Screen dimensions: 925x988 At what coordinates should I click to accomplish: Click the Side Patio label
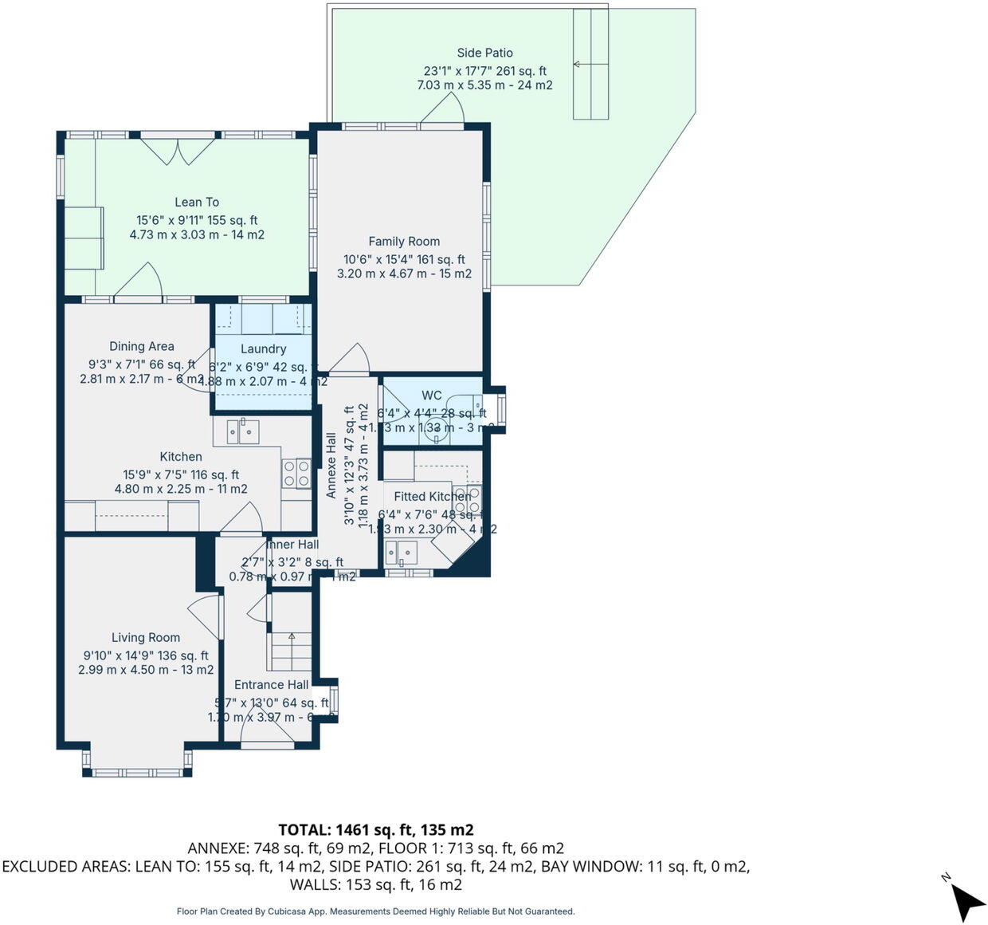[x=484, y=53]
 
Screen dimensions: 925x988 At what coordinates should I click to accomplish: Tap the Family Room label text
[x=404, y=241]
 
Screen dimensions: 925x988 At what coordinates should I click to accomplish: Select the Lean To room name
[x=197, y=202]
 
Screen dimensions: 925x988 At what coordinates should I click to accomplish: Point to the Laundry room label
[x=263, y=348]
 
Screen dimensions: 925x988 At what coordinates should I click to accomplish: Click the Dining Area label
[x=142, y=346]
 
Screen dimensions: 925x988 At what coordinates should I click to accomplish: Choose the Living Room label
[x=145, y=637]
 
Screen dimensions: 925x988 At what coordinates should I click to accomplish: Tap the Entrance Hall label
[x=271, y=684]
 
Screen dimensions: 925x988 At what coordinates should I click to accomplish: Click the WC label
[x=432, y=395]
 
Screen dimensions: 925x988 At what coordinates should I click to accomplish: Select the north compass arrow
[x=967, y=899]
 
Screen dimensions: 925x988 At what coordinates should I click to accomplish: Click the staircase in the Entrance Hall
[x=291, y=651]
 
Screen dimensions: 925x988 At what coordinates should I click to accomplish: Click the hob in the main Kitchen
[x=296, y=473]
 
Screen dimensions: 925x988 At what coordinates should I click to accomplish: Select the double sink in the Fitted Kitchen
[x=401, y=551]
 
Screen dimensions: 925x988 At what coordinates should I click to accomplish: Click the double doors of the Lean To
[x=178, y=150]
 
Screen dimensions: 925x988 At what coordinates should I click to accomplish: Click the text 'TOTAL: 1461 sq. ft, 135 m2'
[x=376, y=830]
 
